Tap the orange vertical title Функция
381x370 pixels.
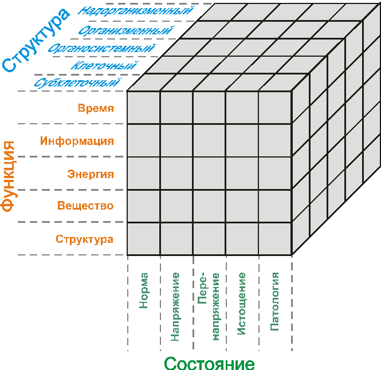click(9, 177)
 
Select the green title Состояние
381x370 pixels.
click(209, 363)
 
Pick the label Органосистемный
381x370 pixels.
click(102, 48)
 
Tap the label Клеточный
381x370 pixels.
click(104, 66)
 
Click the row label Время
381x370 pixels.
click(96, 108)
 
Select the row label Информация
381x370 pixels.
click(77, 141)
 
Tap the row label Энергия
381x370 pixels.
click(91, 174)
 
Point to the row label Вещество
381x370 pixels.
click(85, 206)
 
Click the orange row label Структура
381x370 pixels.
click(84, 239)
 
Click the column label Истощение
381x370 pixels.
click(242, 304)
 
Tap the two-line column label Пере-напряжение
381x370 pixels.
click(209, 306)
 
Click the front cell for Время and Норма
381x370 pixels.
click(143, 108)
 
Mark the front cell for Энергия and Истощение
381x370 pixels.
click(242, 174)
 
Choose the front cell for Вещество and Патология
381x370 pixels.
click(275, 206)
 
